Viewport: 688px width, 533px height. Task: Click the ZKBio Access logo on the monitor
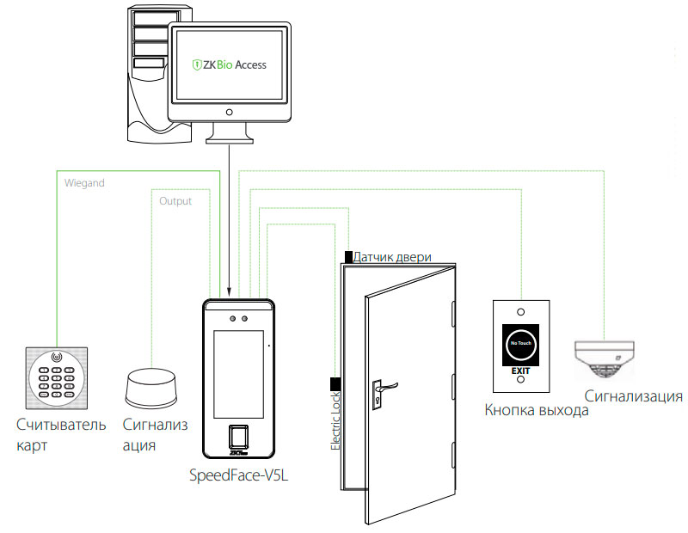229,64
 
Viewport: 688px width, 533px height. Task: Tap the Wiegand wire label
84,182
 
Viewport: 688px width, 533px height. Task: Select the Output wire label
175,201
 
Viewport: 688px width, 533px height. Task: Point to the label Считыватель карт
60,434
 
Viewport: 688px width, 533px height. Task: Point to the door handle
384,386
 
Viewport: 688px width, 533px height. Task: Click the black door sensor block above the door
347,256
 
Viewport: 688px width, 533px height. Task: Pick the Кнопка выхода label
537,411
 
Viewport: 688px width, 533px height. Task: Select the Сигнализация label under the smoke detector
634,396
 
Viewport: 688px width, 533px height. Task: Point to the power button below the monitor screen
230,113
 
